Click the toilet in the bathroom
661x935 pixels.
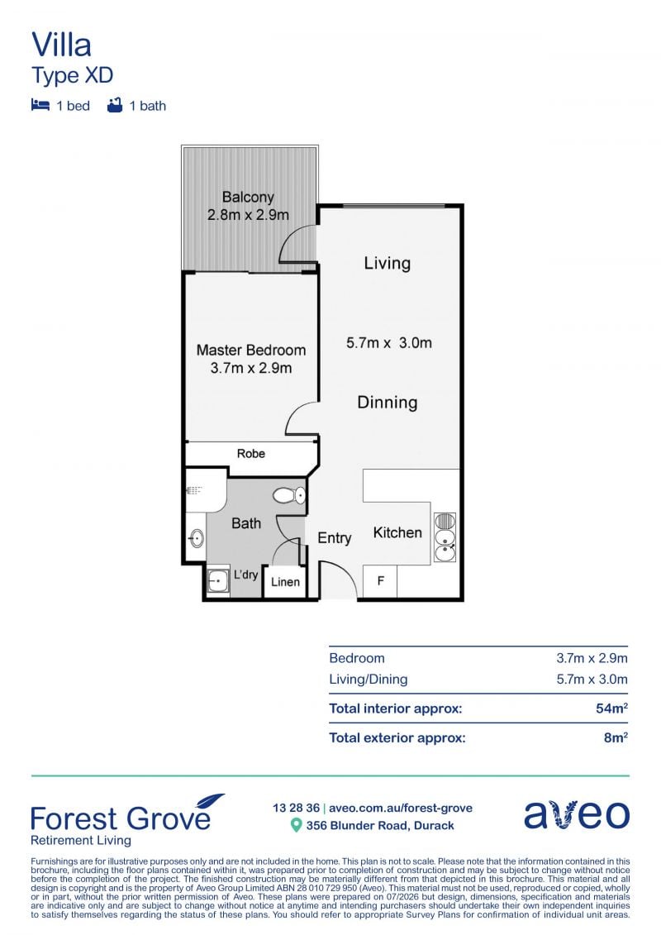click(290, 495)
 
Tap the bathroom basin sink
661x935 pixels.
click(196, 539)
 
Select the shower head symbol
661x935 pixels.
click(193, 490)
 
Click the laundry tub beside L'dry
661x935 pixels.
click(218, 580)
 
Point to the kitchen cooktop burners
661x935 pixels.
click(445, 522)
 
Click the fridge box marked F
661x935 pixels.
click(380, 581)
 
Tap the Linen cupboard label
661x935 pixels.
click(286, 581)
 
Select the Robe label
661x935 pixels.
click(251, 453)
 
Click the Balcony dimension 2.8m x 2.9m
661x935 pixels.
click(248, 215)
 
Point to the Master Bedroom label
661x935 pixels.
click(251, 350)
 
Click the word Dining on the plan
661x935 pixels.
click(387, 403)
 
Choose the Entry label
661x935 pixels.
click(335, 538)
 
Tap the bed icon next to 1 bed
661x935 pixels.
click(40, 105)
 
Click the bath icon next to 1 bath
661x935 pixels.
click(115, 105)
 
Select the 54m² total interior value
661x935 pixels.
click(611, 708)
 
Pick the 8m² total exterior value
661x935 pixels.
click(616, 737)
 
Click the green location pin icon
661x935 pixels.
click(296, 825)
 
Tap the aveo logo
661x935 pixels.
click(577, 813)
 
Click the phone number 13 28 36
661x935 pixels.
click(297, 808)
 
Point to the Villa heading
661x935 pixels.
click(61, 45)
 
